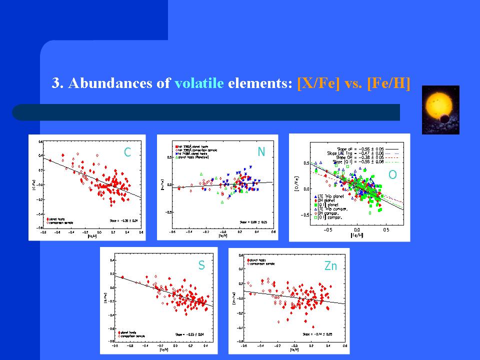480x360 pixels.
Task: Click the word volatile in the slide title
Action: coord(199,83)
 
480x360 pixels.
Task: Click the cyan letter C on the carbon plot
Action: coord(127,152)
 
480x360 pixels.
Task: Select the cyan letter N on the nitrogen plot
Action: coord(261,151)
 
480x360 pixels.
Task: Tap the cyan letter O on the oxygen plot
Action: coord(393,174)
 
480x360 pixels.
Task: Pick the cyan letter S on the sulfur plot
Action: coord(201,266)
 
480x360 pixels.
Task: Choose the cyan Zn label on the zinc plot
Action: coord(330,266)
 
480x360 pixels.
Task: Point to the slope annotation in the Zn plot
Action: coord(317,333)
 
